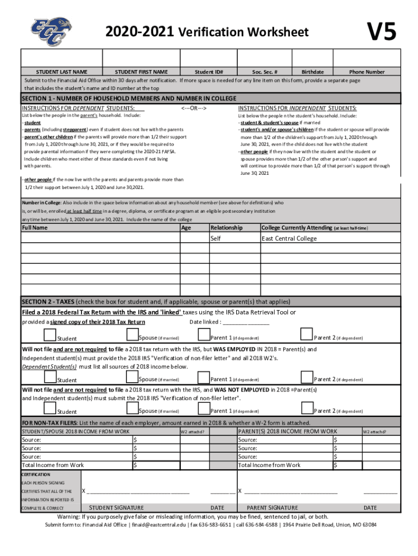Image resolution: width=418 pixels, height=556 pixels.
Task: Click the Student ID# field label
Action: point(209,72)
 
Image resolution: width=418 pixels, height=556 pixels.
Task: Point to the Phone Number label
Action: point(367,72)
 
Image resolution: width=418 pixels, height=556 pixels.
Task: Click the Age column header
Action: point(186,228)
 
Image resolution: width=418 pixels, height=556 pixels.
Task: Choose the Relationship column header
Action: point(226,228)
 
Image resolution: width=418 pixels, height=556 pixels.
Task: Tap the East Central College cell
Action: point(289,238)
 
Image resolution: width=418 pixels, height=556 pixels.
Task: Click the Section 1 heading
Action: point(129,98)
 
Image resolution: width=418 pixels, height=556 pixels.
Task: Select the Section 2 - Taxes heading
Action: point(156,302)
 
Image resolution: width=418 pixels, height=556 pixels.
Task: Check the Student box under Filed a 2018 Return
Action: point(49,335)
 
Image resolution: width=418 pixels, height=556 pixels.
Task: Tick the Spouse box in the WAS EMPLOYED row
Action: point(132,376)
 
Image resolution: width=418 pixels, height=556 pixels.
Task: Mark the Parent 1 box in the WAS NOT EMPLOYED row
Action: point(204,408)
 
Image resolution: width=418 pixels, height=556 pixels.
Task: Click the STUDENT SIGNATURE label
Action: point(116,508)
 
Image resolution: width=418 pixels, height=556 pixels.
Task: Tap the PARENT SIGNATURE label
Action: point(273,508)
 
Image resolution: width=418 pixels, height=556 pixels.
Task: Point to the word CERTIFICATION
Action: point(36,475)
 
